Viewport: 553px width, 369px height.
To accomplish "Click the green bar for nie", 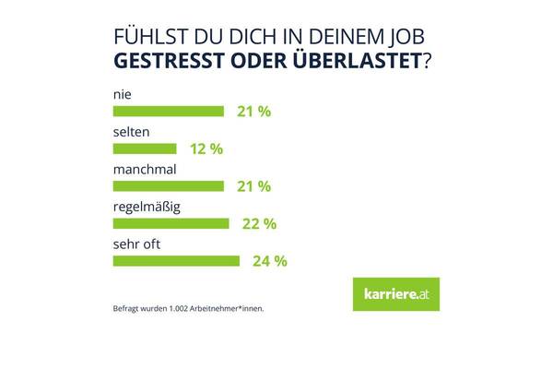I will (x=168, y=112).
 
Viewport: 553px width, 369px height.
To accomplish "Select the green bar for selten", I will (x=144, y=149).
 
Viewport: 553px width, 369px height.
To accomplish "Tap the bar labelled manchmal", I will (x=168, y=185).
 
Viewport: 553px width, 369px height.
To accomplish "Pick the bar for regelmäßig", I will (x=171, y=223).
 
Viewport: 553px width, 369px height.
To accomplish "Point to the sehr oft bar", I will (x=175, y=260).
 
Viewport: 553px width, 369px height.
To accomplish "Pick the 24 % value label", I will (x=268, y=261).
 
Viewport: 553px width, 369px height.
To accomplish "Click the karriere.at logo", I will (x=396, y=294).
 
